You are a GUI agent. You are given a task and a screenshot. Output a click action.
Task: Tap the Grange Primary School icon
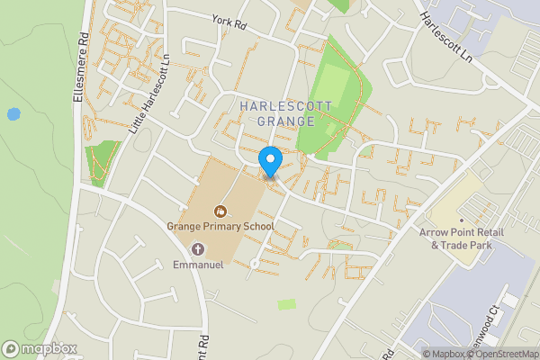pos(219,211)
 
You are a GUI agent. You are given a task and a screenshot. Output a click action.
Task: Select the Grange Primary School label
pos(220,226)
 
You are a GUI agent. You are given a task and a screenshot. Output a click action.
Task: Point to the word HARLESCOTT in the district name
pos(286,106)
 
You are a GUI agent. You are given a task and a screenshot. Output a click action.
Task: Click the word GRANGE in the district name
pos(286,121)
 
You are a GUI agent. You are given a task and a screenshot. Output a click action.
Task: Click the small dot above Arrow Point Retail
pos(461,220)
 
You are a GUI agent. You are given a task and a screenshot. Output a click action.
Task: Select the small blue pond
pos(13,114)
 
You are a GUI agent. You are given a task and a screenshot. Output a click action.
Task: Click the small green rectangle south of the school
pos(286,304)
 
